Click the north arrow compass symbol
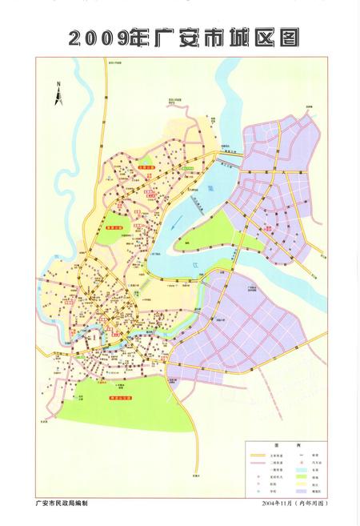[x=58, y=94]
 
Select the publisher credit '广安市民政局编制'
[x=67, y=503]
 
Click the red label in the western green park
[x=118, y=227]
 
